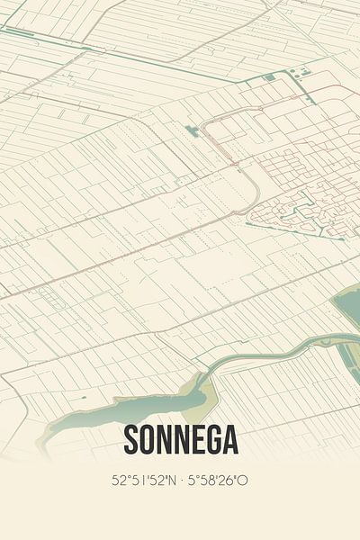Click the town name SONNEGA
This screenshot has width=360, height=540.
tap(180, 440)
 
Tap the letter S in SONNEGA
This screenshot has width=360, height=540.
tap(129, 440)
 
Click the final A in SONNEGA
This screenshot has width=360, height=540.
tap(231, 440)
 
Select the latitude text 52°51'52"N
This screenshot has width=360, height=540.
tap(144, 481)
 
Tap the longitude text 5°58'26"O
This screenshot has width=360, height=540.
tap(217, 481)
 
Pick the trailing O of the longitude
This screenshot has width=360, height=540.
tap(243, 481)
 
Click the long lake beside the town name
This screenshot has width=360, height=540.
tap(90, 416)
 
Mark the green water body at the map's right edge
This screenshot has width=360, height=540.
tap(348, 310)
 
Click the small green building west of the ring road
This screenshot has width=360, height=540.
tap(192, 131)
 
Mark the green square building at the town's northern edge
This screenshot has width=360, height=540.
tap(304, 70)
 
